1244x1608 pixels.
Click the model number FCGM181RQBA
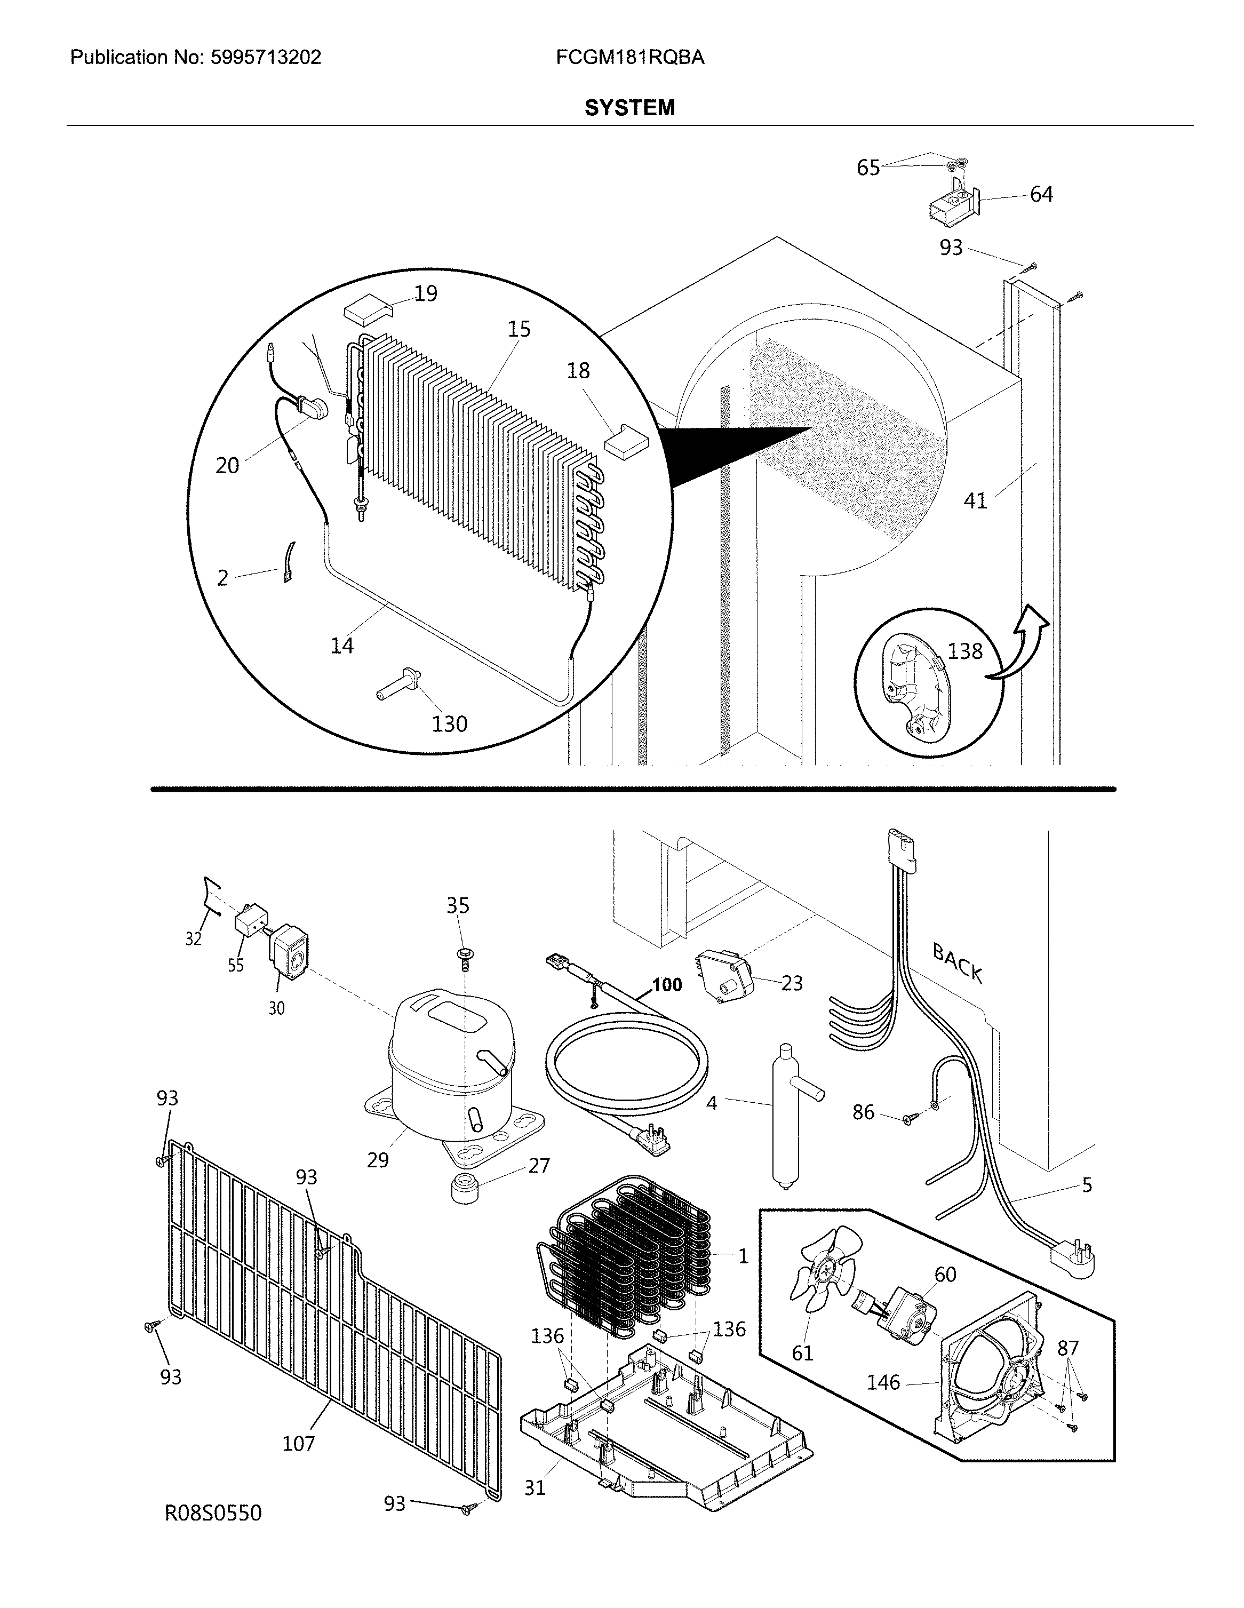tap(630, 58)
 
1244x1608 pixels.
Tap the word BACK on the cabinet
tap(957, 962)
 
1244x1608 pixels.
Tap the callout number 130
tap(449, 724)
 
